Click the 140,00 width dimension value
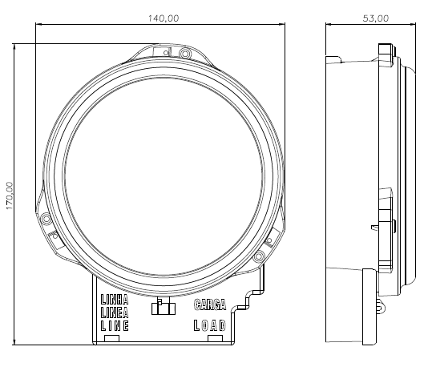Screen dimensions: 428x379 click(x=164, y=18)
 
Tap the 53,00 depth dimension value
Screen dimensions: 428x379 click(x=376, y=18)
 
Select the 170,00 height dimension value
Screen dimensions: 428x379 click(x=10, y=196)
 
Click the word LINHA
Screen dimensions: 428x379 click(x=115, y=300)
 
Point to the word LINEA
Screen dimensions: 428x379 click(x=115, y=312)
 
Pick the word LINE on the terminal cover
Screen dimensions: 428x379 click(x=115, y=326)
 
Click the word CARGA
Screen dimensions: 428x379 click(x=210, y=304)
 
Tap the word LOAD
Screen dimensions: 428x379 click(x=210, y=325)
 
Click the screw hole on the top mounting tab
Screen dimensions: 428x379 click(x=185, y=54)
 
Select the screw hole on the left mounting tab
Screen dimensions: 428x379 click(x=46, y=219)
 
